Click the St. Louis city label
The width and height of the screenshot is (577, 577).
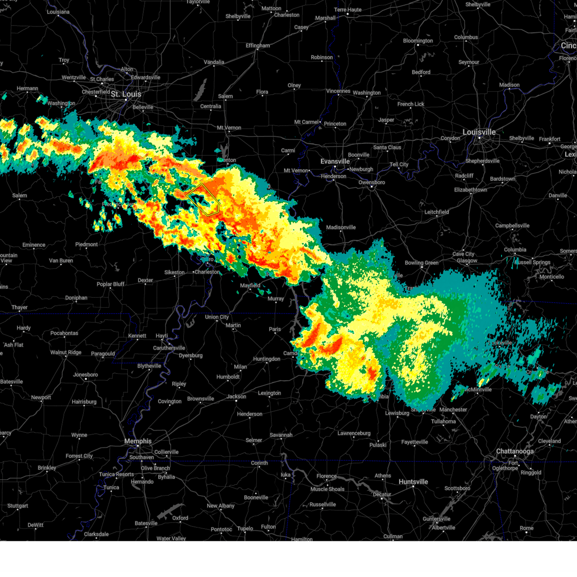126,94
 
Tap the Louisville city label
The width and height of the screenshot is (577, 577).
479,132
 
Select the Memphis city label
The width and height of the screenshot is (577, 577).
138,441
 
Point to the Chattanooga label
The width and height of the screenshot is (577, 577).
514,452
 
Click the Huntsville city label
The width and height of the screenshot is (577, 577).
413,482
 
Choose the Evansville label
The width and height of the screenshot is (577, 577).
335,162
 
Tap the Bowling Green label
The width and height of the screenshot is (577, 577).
421,263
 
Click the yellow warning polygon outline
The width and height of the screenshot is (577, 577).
203,199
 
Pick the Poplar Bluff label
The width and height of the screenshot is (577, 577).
111,284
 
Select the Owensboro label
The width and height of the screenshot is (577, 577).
372,183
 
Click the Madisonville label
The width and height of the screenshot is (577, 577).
341,227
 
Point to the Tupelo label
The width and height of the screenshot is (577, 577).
245,528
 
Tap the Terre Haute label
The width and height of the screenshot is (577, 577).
348,10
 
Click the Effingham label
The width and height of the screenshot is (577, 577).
258,46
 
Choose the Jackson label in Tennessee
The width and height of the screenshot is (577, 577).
237,397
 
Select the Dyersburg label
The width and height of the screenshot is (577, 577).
190,356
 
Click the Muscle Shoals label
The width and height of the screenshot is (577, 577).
327,489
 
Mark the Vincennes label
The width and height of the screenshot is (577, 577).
338,91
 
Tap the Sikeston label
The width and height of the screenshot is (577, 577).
175,273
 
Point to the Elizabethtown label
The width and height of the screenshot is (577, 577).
470,190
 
